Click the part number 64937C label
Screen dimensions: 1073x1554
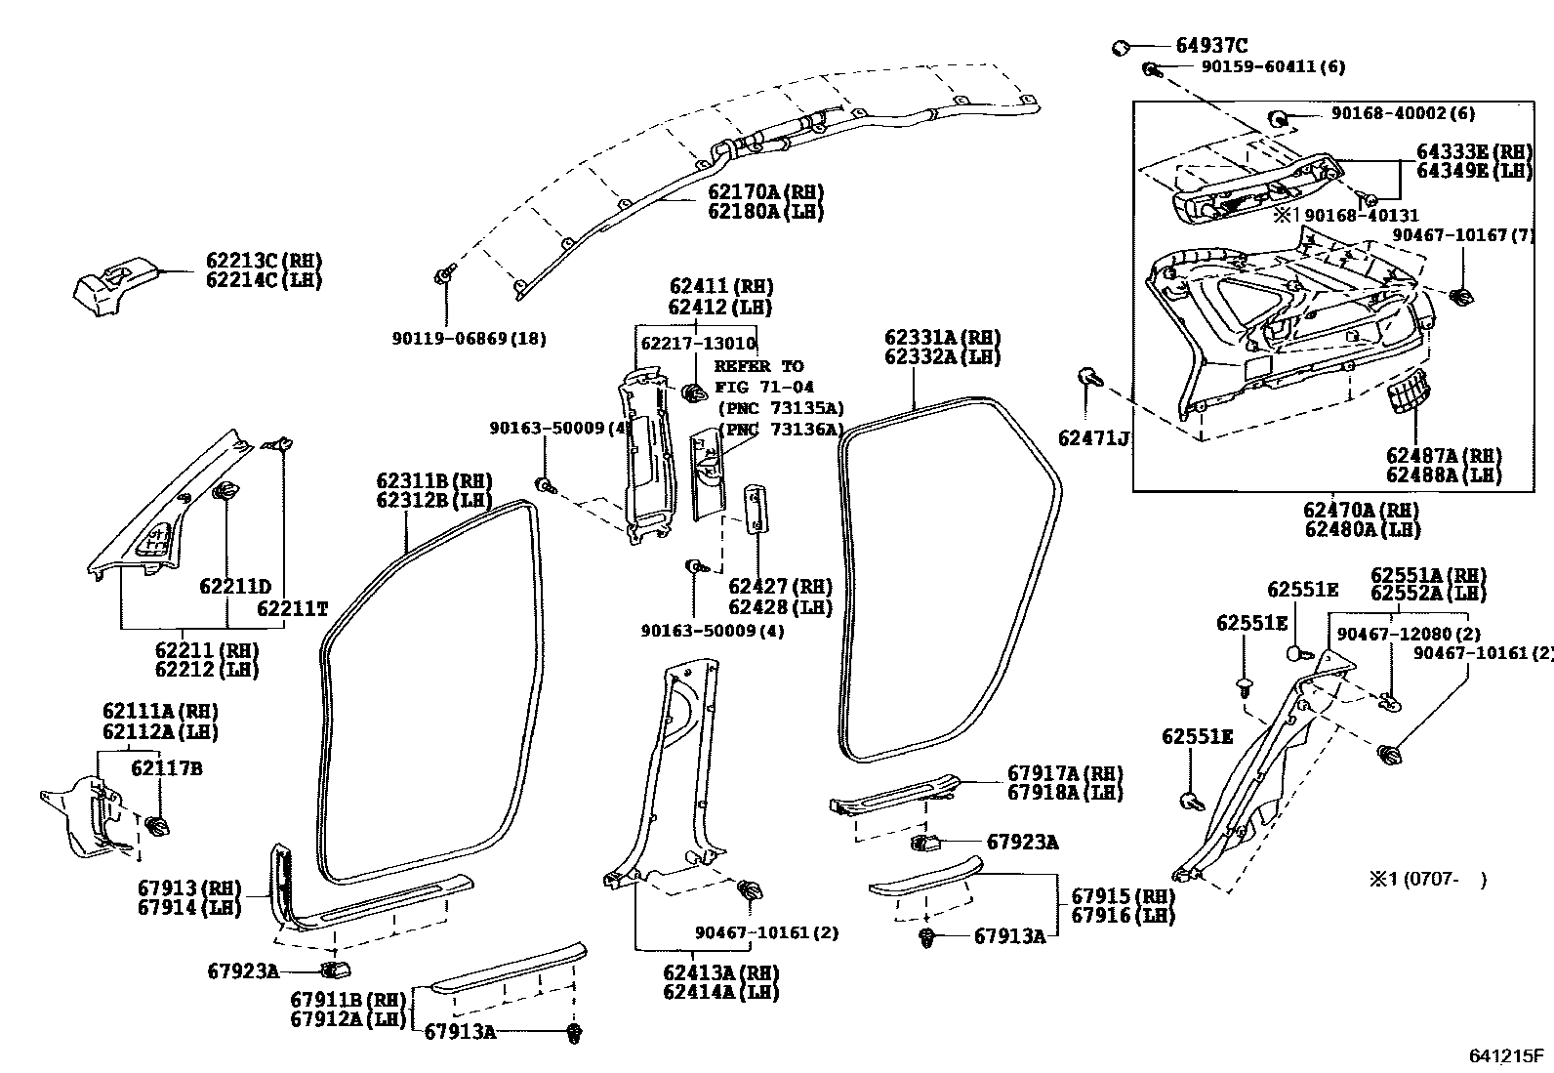point(1211,45)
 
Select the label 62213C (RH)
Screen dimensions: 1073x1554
point(264,261)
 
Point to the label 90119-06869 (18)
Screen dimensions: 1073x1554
point(469,339)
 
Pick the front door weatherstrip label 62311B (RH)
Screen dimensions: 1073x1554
point(434,480)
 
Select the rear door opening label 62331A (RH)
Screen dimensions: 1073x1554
point(942,338)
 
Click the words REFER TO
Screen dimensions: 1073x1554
point(758,366)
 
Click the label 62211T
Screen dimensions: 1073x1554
point(292,608)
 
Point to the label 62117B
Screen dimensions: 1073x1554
point(166,768)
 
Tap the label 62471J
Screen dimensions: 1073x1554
point(1093,438)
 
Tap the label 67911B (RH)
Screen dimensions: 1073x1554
point(348,1000)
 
